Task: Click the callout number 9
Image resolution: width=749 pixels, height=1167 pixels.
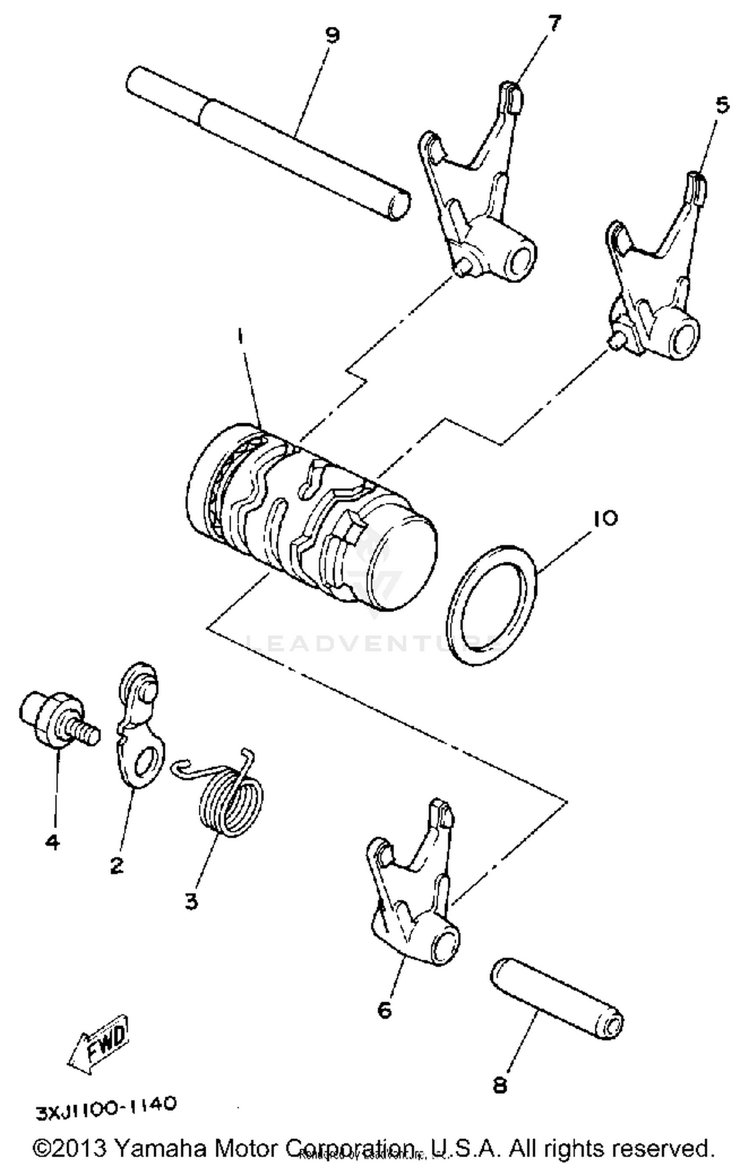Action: point(332,35)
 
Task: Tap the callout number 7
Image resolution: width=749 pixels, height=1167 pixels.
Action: point(554,23)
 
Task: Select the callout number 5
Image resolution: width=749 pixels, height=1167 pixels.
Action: point(722,106)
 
